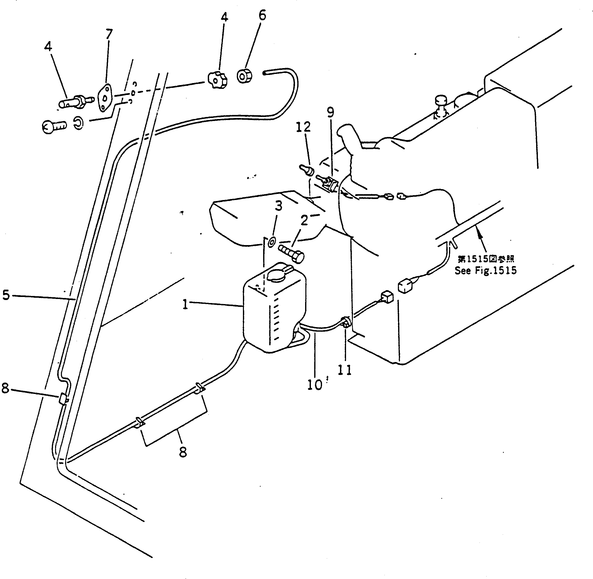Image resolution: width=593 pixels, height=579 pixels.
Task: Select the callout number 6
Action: click(x=262, y=15)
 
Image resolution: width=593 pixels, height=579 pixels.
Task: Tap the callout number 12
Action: click(x=303, y=127)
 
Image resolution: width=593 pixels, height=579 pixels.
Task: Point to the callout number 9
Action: click(x=330, y=112)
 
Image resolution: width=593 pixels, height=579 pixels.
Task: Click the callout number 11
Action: click(x=345, y=370)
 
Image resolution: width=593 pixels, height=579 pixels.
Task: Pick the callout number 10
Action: click(x=314, y=385)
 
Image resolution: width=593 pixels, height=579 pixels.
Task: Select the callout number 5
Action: click(x=6, y=295)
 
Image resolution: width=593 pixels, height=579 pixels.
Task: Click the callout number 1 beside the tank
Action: click(x=185, y=304)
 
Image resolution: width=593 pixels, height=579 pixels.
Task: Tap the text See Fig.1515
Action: click(x=485, y=270)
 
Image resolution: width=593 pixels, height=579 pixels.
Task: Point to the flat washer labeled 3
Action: click(x=271, y=242)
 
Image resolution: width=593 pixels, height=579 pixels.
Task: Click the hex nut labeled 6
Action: click(x=244, y=76)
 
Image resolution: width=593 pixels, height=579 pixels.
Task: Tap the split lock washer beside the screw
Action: click(x=79, y=124)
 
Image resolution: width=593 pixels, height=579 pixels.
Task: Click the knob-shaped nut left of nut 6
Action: click(x=217, y=80)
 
